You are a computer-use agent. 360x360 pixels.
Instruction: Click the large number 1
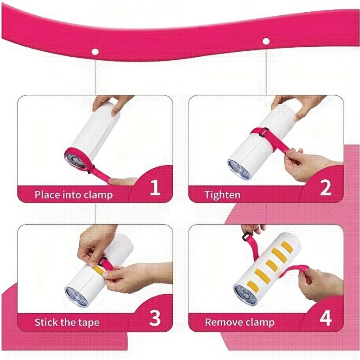(155, 188)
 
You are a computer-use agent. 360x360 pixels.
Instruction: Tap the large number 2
(325, 188)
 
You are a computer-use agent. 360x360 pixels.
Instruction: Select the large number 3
(155, 318)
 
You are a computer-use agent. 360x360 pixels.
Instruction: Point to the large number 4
(326, 318)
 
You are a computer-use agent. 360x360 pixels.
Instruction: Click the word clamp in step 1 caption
(98, 195)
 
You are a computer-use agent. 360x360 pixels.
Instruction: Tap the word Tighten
(222, 195)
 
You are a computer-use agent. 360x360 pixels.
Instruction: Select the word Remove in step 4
(223, 322)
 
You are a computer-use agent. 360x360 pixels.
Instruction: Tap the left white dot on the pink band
(95, 52)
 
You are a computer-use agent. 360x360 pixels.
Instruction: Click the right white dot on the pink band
(266, 41)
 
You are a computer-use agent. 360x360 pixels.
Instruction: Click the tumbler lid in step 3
(76, 297)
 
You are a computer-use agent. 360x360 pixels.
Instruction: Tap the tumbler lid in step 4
(245, 295)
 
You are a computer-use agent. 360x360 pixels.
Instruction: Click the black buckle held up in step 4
(246, 237)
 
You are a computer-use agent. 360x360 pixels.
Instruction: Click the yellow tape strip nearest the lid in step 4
(252, 284)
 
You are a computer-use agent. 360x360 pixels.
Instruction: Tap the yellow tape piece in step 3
(99, 270)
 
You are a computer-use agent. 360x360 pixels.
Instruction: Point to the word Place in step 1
(47, 195)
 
